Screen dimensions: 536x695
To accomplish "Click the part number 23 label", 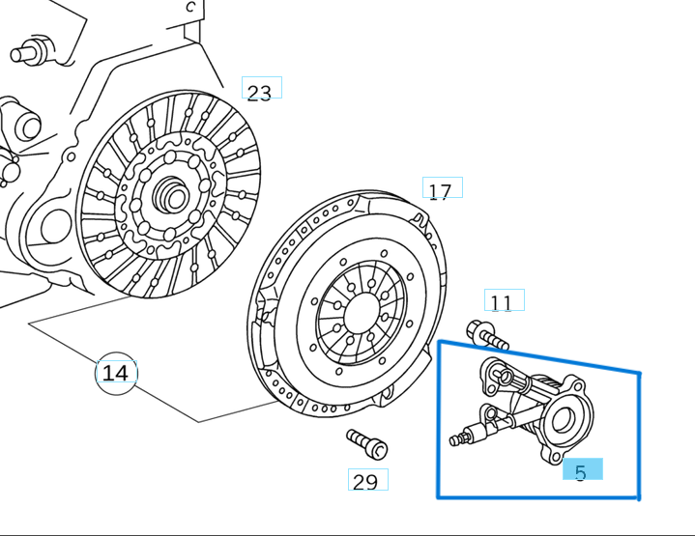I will tap(260, 93).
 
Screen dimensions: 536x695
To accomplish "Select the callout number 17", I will tap(440, 191).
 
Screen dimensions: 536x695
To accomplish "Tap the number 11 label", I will tap(502, 303).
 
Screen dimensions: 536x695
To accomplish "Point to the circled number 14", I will tap(115, 373).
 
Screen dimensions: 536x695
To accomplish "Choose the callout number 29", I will tap(365, 482).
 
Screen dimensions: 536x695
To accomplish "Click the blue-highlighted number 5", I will tap(581, 471).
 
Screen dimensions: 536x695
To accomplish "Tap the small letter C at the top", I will tap(190, 7).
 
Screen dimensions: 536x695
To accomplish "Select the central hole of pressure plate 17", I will tap(362, 310).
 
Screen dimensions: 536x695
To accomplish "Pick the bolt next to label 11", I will tap(486, 336).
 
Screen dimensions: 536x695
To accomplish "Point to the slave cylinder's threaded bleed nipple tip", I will tap(455, 441).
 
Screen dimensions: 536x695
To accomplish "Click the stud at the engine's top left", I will tap(29, 50).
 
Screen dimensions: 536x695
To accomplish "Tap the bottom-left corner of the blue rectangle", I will tap(439, 497).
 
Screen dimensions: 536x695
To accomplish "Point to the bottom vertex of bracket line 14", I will tap(199, 422).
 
